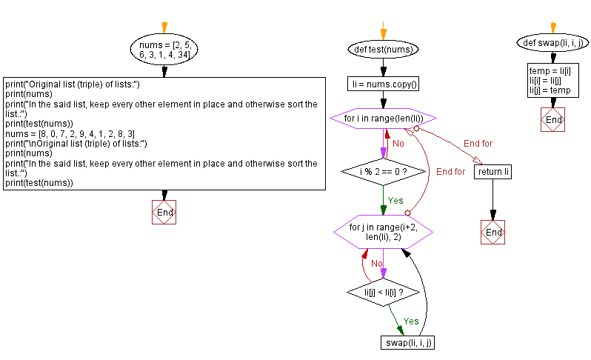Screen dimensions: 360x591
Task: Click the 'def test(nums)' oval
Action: point(383,50)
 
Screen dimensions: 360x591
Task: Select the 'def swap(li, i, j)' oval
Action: point(552,42)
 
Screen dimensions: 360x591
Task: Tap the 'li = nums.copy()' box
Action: point(383,84)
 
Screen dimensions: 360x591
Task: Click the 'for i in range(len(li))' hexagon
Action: point(383,119)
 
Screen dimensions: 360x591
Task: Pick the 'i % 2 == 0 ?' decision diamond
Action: point(383,171)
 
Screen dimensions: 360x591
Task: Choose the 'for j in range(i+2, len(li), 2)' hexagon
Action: point(383,232)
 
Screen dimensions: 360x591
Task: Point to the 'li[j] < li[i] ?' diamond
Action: point(383,293)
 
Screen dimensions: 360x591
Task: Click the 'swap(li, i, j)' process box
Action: point(406,342)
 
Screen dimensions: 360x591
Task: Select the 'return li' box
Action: point(492,172)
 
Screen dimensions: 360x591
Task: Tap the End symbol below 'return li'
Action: point(492,232)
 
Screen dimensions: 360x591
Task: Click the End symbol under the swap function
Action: point(552,119)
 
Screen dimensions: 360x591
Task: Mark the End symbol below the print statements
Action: point(164,212)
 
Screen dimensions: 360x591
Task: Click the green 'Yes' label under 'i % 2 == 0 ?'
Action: point(395,200)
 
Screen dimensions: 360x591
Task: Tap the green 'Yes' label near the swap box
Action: point(410,321)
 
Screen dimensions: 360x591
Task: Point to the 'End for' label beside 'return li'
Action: point(478,143)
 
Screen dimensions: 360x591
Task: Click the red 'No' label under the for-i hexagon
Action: point(398,143)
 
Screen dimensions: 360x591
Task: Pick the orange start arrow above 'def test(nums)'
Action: point(383,33)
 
